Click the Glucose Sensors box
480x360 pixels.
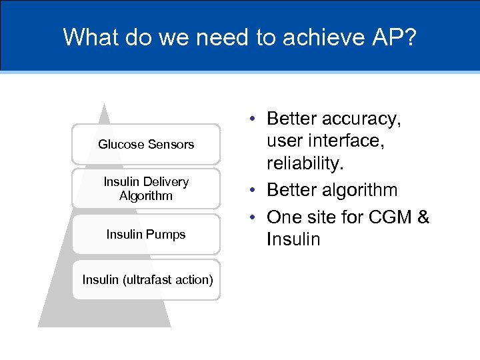coord(146,144)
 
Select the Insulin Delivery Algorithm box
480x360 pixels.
coord(146,189)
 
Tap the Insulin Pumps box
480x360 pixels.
coord(146,234)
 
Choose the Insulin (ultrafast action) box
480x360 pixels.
coord(147,279)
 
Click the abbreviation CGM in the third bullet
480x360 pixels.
coord(387,217)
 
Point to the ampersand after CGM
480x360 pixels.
coord(422,217)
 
